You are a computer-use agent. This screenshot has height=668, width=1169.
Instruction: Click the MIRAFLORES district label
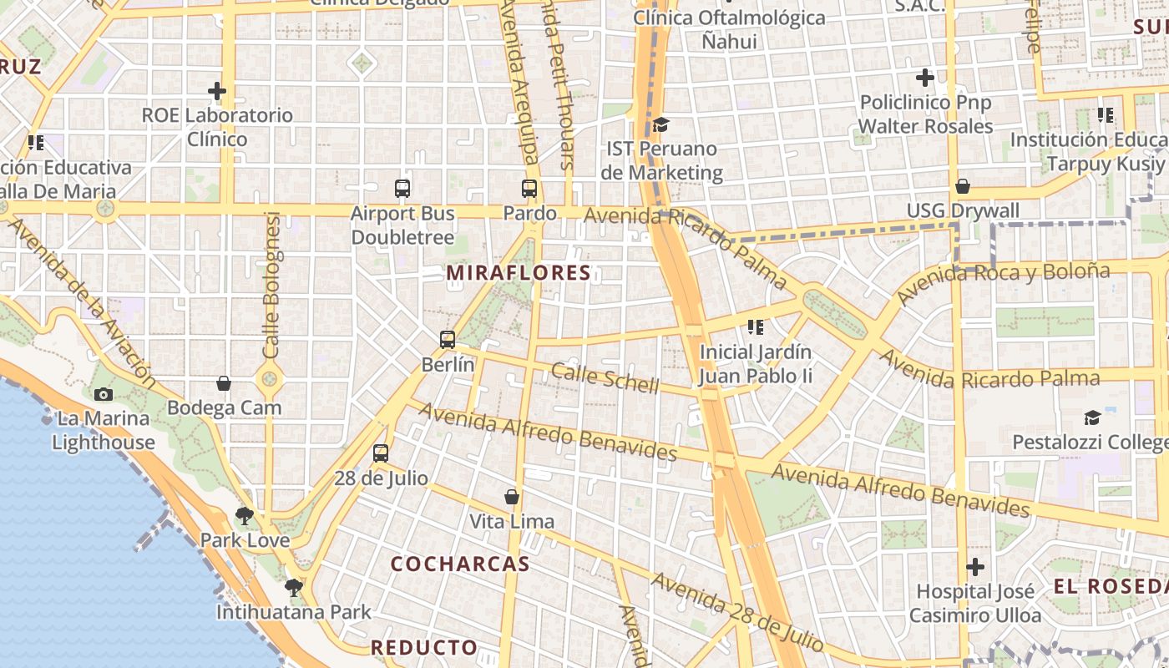[x=519, y=273]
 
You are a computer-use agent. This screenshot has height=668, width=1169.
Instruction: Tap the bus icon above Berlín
[x=448, y=340]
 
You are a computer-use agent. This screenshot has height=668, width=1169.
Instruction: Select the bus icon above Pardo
[x=529, y=189]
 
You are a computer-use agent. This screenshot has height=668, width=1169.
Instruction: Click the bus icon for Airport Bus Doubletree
[x=402, y=189]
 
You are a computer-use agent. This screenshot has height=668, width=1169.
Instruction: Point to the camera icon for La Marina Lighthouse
[x=104, y=394]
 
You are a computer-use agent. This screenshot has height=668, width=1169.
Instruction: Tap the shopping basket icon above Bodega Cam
[x=224, y=383]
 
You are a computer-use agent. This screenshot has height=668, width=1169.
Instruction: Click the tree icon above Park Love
[x=245, y=516]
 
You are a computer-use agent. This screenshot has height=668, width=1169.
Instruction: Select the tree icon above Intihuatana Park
[x=293, y=588]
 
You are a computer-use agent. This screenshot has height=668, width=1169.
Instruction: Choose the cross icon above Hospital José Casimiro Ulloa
[x=975, y=568]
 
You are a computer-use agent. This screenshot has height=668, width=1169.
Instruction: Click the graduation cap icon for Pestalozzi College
[x=1092, y=417]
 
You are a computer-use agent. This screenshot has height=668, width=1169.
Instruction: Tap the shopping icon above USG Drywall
[x=963, y=186]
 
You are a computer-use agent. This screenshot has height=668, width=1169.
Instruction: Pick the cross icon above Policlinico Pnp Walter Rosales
[x=925, y=78]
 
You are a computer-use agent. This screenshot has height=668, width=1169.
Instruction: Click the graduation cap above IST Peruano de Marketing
[x=661, y=124]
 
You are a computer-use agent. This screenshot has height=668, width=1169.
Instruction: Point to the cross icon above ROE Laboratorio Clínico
[x=217, y=90]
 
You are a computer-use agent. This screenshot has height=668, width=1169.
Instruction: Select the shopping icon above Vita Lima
[x=512, y=498]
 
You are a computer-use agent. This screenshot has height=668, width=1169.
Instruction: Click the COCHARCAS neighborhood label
[x=460, y=564]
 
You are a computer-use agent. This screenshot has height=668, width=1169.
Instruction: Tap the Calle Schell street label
[x=605, y=378]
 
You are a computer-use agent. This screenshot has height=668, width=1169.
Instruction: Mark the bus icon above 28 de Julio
[x=381, y=453]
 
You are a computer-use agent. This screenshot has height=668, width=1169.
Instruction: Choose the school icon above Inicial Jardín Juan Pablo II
[x=756, y=327]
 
